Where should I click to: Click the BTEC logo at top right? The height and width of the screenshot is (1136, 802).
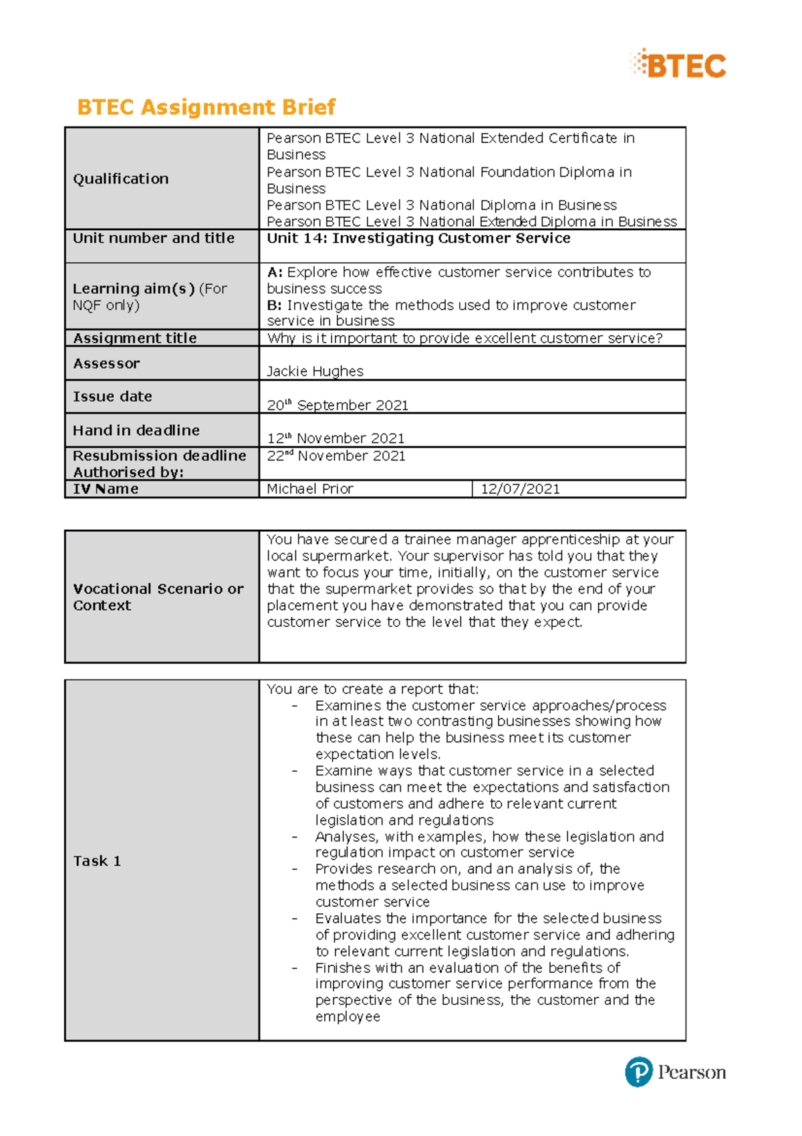point(678,65)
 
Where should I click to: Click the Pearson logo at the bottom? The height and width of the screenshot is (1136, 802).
point(675,1072)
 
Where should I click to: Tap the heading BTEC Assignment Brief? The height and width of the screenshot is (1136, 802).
point(206,107)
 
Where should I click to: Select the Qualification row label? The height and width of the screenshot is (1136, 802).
point(121,179)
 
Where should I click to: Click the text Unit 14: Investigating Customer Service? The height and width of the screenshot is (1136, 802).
point(418,238)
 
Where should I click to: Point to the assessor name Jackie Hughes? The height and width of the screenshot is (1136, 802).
point(315,371)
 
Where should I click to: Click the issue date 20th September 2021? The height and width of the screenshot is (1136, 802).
point(338,405)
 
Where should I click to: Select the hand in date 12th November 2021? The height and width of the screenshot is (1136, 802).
point(336,438)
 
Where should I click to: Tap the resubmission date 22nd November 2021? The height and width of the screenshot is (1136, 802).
point(336,456)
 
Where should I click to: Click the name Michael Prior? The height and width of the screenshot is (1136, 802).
point(309,489)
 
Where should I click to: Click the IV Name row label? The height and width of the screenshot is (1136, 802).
point(106,489)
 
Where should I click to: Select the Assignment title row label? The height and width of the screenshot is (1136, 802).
point(135,339)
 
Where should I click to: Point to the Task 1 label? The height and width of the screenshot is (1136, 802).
point(97,861)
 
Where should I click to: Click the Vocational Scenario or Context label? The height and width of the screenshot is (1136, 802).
point(158,597)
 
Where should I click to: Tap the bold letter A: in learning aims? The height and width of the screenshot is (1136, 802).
point(275,272)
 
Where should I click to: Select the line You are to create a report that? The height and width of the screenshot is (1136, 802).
point(373,689)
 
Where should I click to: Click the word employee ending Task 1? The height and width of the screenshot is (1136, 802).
point(348,1017)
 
